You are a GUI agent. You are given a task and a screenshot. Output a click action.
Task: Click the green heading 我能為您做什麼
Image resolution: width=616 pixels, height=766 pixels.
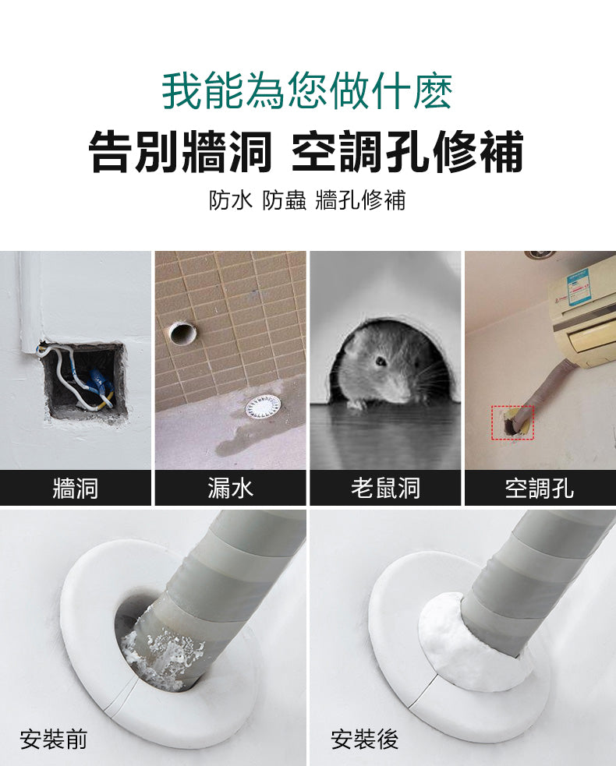pyautogui.click(x=307, y=92)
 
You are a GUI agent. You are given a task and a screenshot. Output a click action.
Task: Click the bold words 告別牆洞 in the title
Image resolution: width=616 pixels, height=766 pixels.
pyautogui.click(x=180, y=152)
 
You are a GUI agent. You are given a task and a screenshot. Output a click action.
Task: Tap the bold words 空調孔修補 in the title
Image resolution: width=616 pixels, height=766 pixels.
pyautogui.click(x=406, y=152)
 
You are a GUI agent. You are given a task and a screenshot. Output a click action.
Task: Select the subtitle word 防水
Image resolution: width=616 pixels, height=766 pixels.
pyautogui.click(x=231, y=200)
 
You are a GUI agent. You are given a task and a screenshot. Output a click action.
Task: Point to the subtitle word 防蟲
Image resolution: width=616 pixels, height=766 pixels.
pyautogui.click(x=284, y=200)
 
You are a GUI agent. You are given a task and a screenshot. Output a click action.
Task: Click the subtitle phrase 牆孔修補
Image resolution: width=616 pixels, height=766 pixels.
pyautogui.click(x=360, y=200)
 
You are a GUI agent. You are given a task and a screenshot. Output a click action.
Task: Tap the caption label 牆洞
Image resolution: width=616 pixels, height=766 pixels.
pyautogui.click(x=75, y=489)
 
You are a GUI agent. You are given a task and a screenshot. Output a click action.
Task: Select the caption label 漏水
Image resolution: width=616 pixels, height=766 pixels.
pyautogui.click(x=230, y=489)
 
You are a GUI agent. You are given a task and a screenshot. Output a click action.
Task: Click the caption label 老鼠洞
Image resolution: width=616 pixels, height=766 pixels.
pyautogui.click(x=385, y=489)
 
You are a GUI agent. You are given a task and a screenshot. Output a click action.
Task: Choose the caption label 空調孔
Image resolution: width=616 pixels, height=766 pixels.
pyautogui.click(x=539, y=489)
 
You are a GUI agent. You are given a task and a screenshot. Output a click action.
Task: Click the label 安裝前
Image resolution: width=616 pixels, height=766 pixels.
pyautogui.click(x=54, y=739)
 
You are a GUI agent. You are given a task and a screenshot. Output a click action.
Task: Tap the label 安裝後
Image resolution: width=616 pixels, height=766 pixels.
pyautogui.click(x=364, y=739)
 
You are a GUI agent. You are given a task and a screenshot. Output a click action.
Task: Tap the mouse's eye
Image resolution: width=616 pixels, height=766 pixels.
pyautogui.click(x=381, y=362)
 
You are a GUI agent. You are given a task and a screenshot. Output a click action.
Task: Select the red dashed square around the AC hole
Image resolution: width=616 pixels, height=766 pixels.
pyautogui.click(x=512, y=422)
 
